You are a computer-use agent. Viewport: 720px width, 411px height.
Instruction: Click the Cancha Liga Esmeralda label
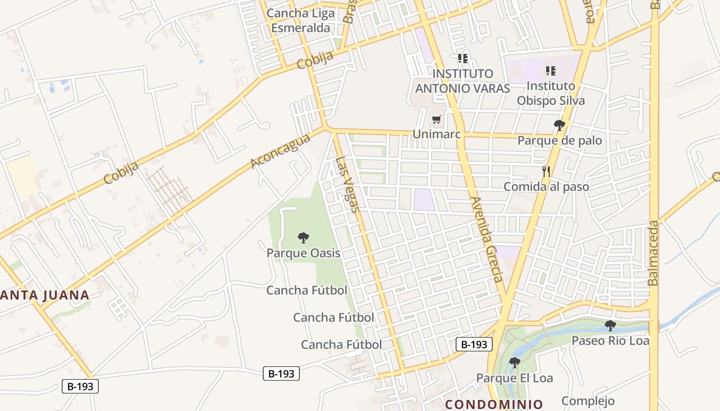coord(301,21)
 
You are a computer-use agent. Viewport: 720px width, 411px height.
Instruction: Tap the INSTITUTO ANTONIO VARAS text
coord(462,81)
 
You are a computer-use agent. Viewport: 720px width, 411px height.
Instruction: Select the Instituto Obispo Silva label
coord(551,93)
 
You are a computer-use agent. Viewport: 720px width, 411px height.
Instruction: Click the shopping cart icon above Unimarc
coord(437,120)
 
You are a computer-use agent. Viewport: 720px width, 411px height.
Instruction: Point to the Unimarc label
coord(437,134)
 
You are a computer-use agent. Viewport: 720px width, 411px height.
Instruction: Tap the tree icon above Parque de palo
coord(559,125)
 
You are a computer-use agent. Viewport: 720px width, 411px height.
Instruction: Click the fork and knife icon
coord(546,172)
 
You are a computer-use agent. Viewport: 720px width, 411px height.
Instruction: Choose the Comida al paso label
coord(546,186)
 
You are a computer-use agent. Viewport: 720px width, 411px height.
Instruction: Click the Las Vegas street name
coord(347,184)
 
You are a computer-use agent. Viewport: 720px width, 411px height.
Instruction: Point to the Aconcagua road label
coord(281,151)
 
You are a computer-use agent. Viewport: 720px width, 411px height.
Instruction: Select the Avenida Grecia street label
coord(485,239)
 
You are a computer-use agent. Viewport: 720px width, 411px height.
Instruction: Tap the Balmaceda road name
coord(653,253)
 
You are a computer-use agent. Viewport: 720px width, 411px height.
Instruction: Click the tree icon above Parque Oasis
coord(303,237)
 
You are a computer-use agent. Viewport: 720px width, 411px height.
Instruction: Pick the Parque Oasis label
coord(303,253)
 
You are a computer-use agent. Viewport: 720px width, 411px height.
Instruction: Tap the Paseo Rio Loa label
coord(610,340)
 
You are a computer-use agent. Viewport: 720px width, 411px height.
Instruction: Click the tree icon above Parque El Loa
coord(514,363)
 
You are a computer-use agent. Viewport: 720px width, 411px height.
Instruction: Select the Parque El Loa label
coord(514,378)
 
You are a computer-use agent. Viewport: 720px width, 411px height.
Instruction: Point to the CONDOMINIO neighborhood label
coord(494,404)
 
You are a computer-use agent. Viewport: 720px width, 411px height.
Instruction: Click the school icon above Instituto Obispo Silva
coord(551,71)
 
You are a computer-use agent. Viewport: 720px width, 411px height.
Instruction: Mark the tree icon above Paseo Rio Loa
coord(610,325)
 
